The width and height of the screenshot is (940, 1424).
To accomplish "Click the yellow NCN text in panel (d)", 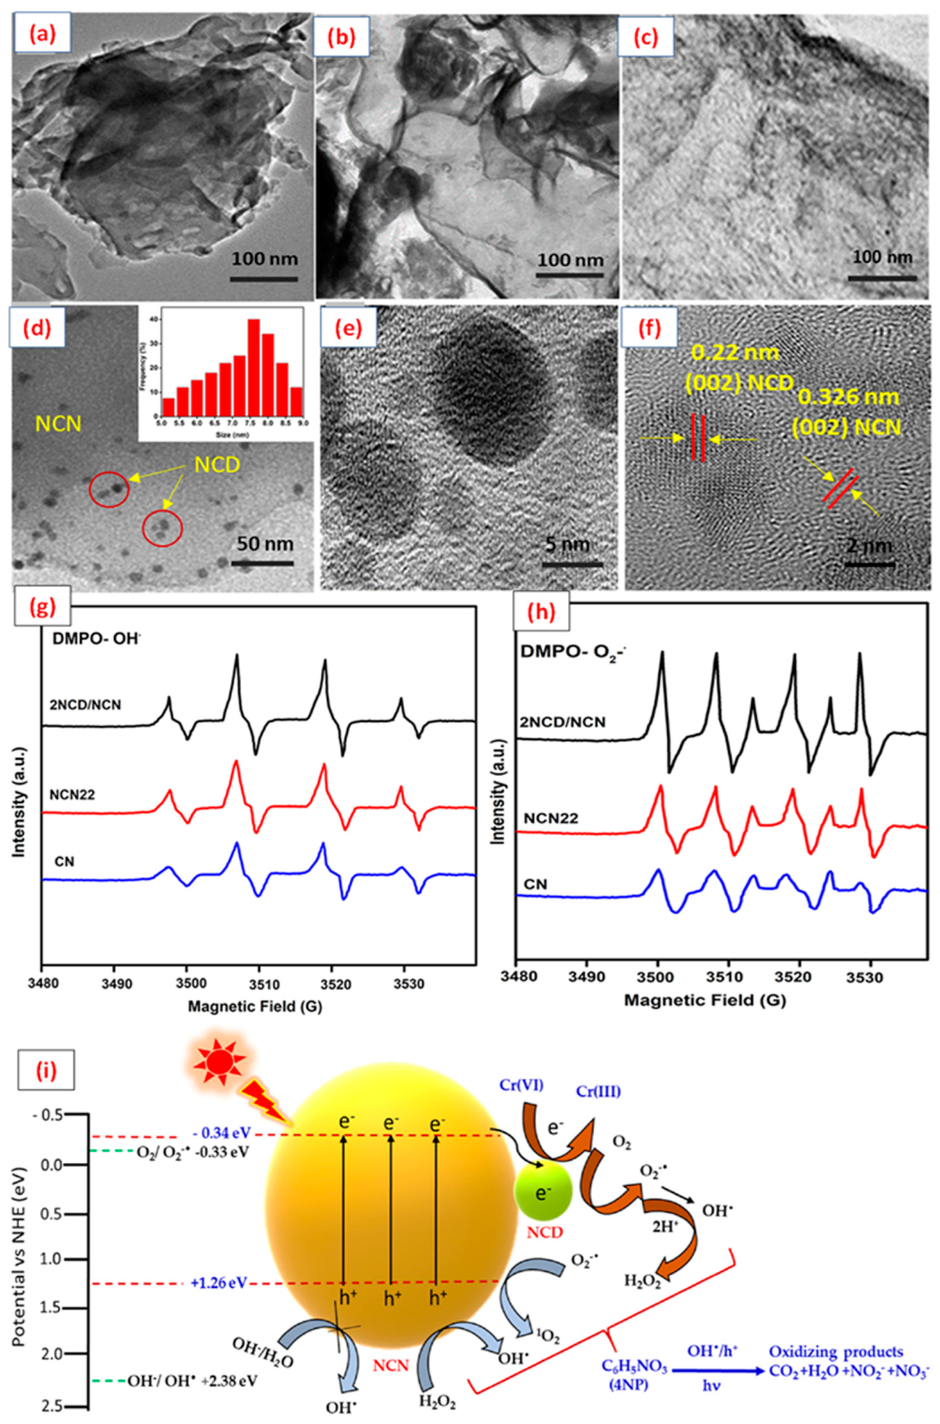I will [x=59, y=424].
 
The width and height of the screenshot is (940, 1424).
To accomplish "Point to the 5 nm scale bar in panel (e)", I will [x=573, y=564].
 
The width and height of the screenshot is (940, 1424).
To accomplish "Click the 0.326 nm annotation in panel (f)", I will [x=848, y=397].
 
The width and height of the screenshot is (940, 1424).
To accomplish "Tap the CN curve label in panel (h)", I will [x=535, y=884].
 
